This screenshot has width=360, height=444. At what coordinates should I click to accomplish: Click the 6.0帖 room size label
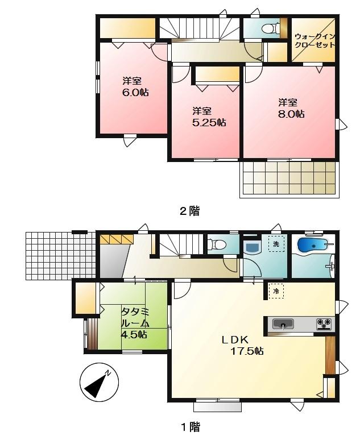click(x=135, y=92)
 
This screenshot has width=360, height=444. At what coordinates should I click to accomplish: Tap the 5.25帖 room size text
click(x=209, y=122)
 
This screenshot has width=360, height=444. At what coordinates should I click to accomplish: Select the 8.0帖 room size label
click(x=291, y=114)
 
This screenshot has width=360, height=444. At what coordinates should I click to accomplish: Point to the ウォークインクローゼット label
click(x=315, y=41)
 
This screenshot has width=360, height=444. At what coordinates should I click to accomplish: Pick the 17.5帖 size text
click(x=247, y=351)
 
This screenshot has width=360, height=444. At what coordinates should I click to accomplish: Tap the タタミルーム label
click(x=135, y=322)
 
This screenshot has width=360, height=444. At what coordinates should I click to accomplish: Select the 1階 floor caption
click(x=190, y=426)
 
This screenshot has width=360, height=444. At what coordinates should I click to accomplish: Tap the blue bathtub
click(x=312, y=246)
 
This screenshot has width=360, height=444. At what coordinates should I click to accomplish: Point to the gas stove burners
click(x=324, y=325)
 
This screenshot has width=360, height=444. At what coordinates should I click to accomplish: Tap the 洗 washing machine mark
click(x=276, y=244)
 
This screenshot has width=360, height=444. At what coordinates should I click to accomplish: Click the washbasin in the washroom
click(x=250, y=246)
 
